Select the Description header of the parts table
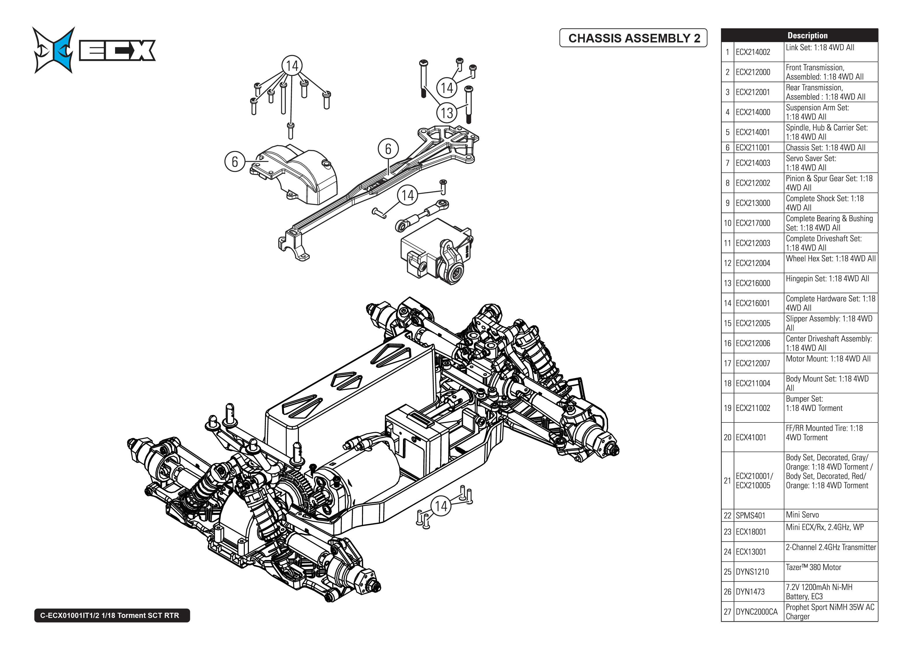(x=807, y=35)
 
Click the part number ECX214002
(x=753, y=52)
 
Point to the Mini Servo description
(x=802, y=515)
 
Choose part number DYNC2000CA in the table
(x=756, y=612)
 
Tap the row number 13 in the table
(x=727, y=283)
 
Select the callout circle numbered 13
(x=447, y=113)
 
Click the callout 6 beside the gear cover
(x=235, y=162)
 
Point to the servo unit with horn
(x=435, y=254)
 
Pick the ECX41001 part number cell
(x=751, y=437)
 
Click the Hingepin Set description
(x=827, y=279)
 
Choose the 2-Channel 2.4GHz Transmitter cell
(x=830, y=547)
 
